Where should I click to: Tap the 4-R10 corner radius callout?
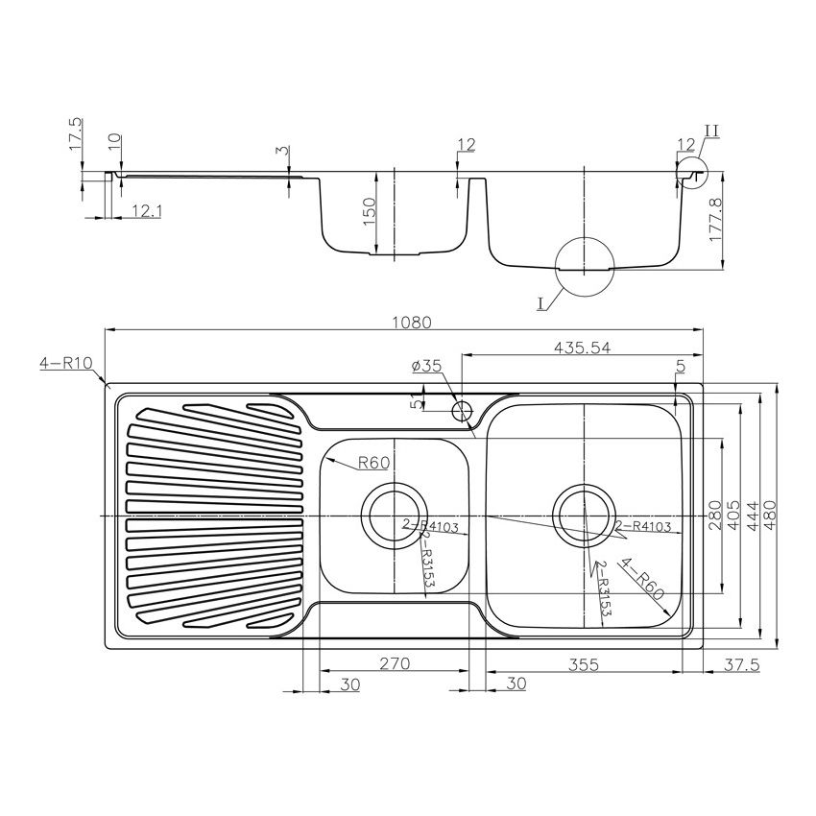coord(63,364)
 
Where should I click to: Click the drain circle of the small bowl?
coord(392,516)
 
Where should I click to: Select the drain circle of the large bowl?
coord(584,516)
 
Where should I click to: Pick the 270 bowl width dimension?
coord(395,663)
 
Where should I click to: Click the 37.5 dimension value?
coord(735,663)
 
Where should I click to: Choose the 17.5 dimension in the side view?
coord(76,134)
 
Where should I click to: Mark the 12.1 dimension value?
coord(145,211)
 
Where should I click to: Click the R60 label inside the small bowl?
coord(373,464)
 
